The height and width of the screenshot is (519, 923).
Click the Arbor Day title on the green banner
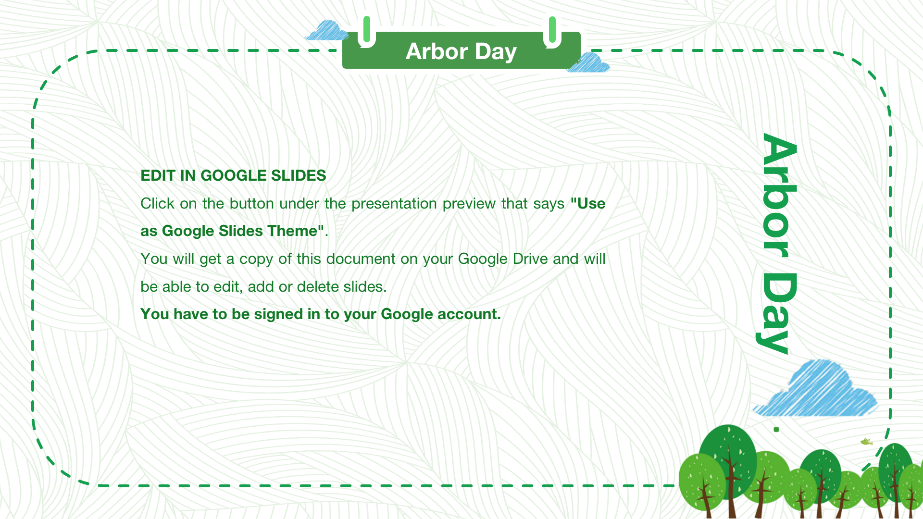pos(461,51)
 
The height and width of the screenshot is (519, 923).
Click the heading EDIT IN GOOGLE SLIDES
pos(233,175)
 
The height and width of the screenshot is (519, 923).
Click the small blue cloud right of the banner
pos(589,63)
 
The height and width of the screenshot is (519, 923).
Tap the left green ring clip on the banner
pos(367,31)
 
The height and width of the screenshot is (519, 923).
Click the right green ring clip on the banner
pos(552,32)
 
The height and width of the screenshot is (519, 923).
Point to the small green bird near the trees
pos(866,441)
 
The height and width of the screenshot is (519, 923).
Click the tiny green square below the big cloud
pos(776,430)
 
